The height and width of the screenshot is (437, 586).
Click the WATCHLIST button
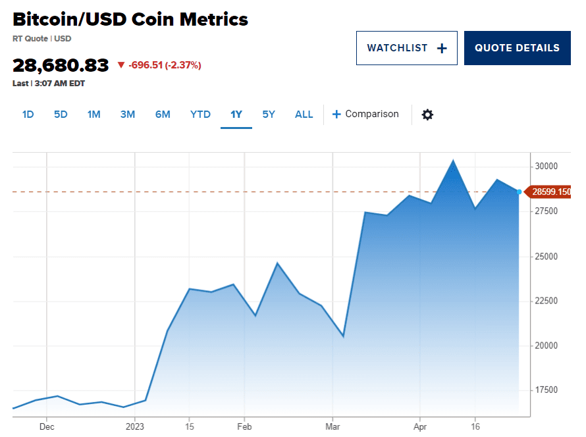click(406, 48)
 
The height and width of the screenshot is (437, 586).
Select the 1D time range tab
click(28, 115)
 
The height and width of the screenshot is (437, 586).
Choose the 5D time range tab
click(61, 115)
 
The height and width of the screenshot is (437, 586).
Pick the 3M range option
click(127, 115)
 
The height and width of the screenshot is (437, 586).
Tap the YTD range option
click(200, 115)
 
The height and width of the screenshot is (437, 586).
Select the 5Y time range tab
click(269, 115)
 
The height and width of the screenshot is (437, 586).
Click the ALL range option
click(304, 115)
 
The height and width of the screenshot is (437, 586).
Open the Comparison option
click(365, 115)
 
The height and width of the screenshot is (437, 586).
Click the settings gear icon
click(427, 115)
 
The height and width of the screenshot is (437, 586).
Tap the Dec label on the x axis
click(46, 426)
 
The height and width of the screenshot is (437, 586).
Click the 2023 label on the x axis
click(134, 426)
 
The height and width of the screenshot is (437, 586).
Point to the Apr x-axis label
click(420, 426)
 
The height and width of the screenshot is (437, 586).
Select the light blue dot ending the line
click(519, 192)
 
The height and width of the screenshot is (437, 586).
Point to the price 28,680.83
click(61, 65)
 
